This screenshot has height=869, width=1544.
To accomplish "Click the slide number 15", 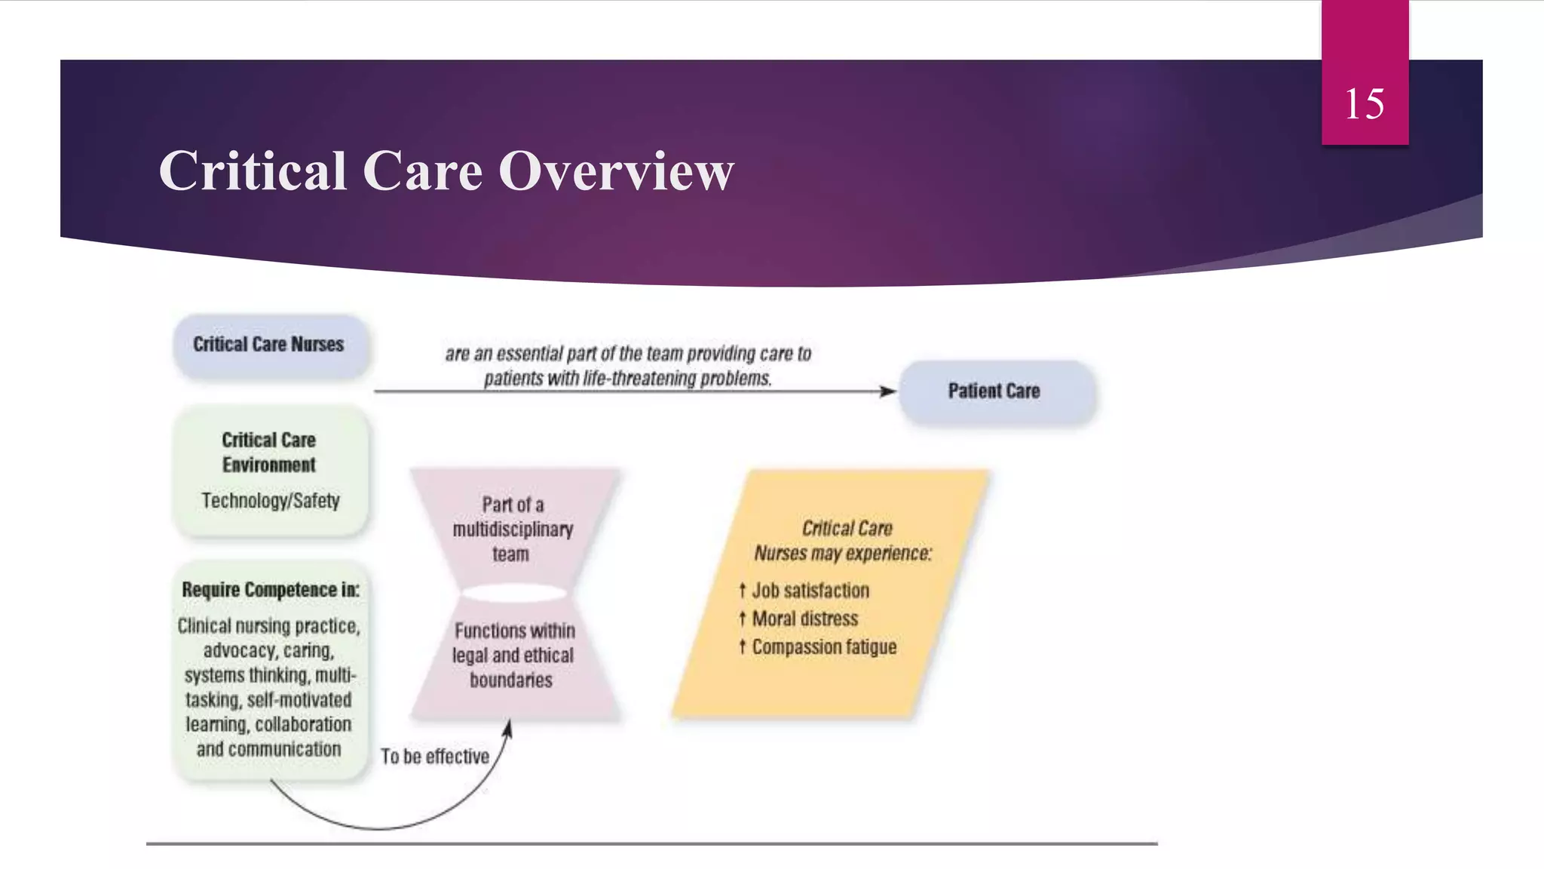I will point(1364,103).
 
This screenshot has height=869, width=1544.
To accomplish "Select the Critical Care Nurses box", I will point(269,345).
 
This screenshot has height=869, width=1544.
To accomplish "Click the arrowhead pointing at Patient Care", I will point(888,391).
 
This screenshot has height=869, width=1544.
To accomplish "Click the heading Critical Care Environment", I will point(269,452).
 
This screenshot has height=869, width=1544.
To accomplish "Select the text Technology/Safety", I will point(270,500).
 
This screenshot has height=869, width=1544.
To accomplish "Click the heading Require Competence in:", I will point(270,590).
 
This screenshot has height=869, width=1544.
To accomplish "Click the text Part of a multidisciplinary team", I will point(513,529).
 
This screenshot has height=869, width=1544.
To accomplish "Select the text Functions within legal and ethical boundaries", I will point(513,655).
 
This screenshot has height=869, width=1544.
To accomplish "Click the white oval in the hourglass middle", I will point(514,594).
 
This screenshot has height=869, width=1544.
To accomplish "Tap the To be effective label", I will point(434,757).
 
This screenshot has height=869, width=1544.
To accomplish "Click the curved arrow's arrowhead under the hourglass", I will point(508,728).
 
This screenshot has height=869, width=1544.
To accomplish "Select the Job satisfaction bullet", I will point(810,591).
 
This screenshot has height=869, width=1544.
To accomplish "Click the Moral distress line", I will point(804,619).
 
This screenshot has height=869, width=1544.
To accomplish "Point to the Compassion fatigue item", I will point(824,647).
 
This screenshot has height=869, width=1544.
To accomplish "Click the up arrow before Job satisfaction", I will point(742,591).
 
